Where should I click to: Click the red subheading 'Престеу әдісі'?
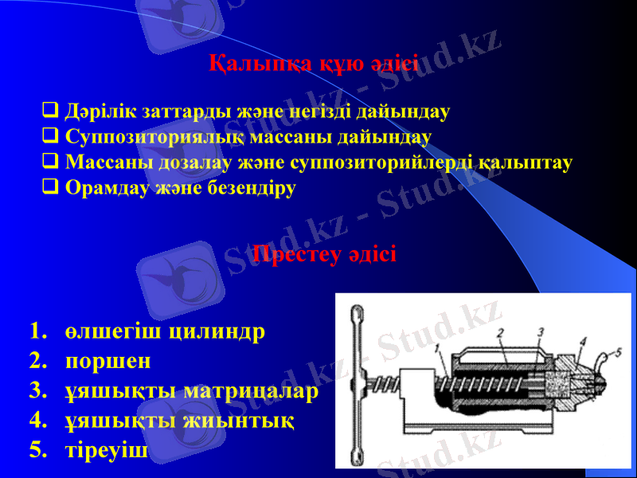click(324, 255)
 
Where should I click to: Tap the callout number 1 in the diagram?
click(439, 347)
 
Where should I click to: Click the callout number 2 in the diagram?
click(499, 331)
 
